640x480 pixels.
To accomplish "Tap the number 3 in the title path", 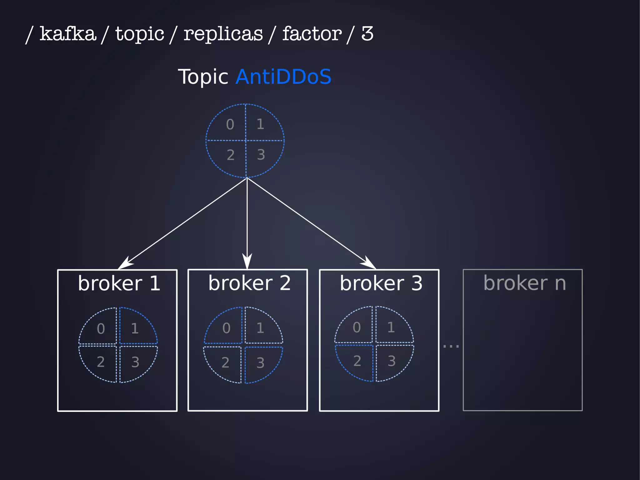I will coord(367,33).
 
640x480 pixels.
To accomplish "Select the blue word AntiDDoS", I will coord(283,77).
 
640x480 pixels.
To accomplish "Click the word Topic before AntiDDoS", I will coord(203,77).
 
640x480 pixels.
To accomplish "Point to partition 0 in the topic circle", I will coord(230,124).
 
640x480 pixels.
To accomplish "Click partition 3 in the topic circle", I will coord(261,155).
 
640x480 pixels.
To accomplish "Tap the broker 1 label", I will coord(119,283).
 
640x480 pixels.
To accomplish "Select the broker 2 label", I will coord(249,283).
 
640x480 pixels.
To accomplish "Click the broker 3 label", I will coord(381,283).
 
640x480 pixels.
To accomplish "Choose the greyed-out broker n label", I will coord(525,283).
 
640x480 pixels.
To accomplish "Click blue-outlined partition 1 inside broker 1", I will coord(135,328).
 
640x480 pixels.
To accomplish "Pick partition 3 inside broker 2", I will coord(260,363).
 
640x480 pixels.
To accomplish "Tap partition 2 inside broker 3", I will coord(357,361).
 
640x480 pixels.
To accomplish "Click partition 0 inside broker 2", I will coord(226,328).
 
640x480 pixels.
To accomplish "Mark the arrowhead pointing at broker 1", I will coord(125,264).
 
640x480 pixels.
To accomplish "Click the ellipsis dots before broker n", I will coord(451,346).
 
